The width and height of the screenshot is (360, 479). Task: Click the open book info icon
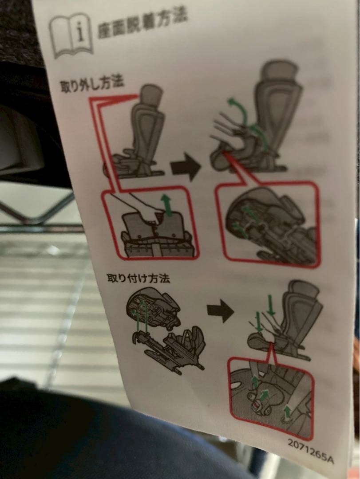tap(71, 36)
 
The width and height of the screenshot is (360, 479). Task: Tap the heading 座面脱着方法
tap(142, 25)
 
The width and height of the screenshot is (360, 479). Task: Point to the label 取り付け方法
tap(138, 278)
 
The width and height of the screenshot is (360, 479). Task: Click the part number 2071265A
tap(311, 451)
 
